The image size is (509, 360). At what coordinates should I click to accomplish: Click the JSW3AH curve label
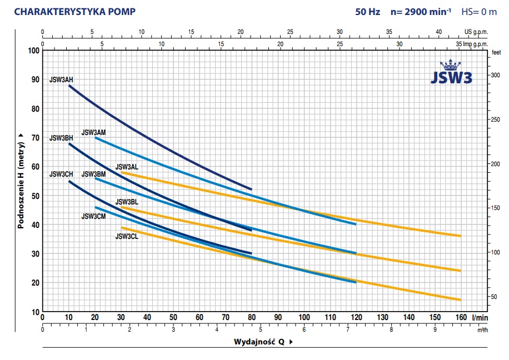tap(61, 79)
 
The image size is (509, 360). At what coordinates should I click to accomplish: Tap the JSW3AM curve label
tap(93, 132)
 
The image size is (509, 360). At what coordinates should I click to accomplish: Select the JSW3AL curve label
tap(127, 167)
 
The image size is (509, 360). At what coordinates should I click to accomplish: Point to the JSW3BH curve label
tap(61, 138)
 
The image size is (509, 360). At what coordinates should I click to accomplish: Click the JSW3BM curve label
tap(93, 174)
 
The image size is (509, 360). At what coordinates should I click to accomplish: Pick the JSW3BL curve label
tap(127, 202)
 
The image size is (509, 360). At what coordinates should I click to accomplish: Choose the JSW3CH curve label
tap(61, 174)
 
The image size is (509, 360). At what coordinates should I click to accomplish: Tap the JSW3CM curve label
tap(93, 217)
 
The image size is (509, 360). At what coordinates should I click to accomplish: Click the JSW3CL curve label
tap(127, 236)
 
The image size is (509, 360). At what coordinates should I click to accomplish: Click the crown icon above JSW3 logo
tap(451, 66)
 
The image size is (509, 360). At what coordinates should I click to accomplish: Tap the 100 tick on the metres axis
tap(33, 51)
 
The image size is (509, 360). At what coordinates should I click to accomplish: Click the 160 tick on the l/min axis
tap(461, 317)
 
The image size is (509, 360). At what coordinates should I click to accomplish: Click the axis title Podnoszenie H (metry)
tap(20, 181)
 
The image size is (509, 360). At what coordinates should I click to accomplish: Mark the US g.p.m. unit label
tap(476, 32)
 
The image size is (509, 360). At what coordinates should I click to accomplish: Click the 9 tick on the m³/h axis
tap(435, 329)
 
